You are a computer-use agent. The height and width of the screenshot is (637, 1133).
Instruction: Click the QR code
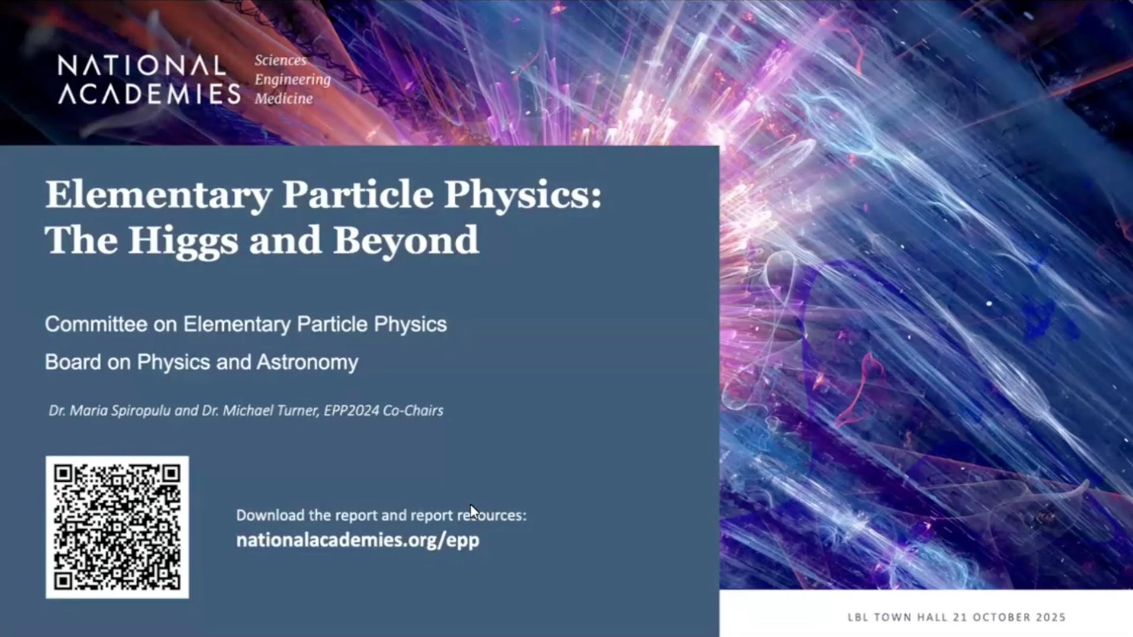pos(117,527)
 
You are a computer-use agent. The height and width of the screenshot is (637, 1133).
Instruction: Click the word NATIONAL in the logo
pos(142,66)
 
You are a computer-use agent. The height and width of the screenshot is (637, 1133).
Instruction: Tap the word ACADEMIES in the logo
pos(149,94)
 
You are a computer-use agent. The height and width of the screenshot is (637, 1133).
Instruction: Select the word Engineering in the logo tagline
pos(292,80)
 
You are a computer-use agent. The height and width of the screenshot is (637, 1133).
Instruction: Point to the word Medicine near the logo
pos(284,98)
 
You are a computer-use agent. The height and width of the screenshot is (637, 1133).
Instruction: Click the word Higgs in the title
pos(183,240)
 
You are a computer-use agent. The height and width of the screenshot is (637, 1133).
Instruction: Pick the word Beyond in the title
pos(405,240)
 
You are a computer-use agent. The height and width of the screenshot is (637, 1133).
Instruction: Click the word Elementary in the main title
pos(159,195)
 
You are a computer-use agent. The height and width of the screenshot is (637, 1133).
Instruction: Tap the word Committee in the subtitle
pos(96,324)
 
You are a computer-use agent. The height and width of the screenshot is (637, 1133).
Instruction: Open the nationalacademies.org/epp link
pos(358,540)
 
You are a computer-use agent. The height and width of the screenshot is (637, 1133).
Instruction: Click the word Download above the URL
pos(271,515)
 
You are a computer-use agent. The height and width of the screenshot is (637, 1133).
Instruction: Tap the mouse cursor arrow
pos(474,511)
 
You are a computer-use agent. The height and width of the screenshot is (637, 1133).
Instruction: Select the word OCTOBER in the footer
pos(999,617)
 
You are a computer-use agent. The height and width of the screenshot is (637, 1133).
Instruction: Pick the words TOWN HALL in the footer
pos(912,617)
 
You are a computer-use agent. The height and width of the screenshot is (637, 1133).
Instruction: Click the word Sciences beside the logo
pos(281,60)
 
